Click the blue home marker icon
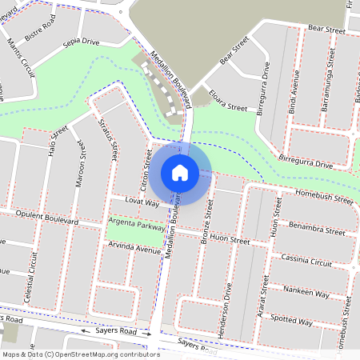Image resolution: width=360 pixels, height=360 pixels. click(179, 171)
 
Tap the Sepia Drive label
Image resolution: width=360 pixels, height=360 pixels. click(79, 41)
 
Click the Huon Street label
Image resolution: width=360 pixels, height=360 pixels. click(229, 240)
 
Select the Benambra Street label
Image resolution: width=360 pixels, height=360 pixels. click(318, 230)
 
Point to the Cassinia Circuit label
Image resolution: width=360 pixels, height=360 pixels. click(306, 261)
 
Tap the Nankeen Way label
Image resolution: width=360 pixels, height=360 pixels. click(307, 294)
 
